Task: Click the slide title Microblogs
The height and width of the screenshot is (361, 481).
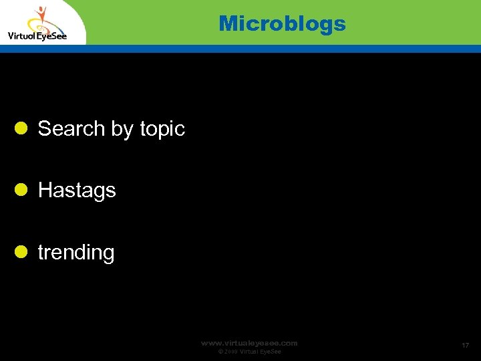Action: point(282,24)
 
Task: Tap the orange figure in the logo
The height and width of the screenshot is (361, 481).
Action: point(41,15)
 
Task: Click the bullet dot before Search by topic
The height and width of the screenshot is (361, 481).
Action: point(21,128)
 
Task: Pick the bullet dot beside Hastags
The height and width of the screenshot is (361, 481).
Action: point(21,190)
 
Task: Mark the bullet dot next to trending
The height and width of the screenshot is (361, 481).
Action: point(21,251)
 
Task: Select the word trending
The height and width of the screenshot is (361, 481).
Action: point(76,253)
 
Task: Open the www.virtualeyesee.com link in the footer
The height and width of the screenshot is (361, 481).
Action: point(249,343)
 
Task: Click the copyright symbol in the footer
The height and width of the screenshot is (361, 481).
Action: point(220,352)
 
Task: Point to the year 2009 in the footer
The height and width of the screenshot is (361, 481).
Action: point(231,352)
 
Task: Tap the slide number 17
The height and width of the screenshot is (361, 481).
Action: point(465,345)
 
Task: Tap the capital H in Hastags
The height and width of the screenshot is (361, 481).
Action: point(45,191)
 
